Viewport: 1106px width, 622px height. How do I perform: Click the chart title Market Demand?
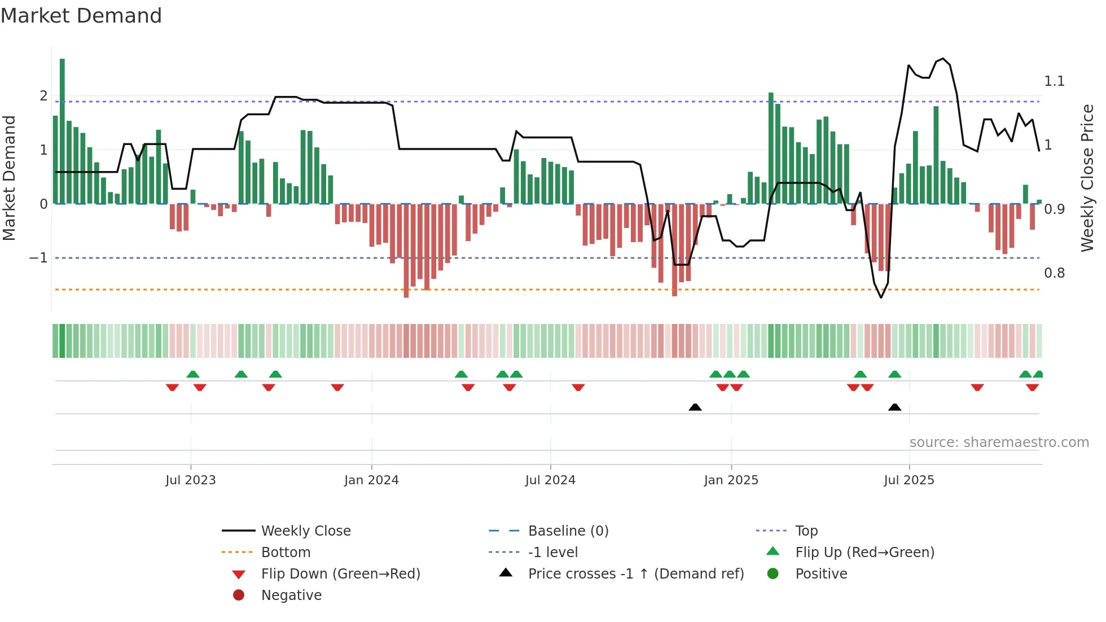[81, 16]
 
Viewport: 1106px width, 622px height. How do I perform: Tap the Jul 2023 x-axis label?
[191, 480]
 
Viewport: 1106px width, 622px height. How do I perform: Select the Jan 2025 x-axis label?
[731, 480]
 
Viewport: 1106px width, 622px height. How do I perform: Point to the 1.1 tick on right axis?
[1054, 81]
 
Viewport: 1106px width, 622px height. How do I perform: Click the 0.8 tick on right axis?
[1054, 273]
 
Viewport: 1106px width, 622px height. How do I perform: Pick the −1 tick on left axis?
[38, 258]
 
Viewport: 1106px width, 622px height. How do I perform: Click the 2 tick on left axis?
[43, 96]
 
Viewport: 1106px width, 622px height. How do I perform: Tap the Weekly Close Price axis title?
[1087, 178]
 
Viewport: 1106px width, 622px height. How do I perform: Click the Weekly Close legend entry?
[305, 531]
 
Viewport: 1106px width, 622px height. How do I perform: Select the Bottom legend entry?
[286, 553]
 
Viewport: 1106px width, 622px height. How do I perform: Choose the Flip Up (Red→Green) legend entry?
[864, 553]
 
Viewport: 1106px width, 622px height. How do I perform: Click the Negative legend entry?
[291, 595]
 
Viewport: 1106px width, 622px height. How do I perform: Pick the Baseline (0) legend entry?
[568, 531]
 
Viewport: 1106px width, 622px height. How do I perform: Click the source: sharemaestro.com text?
[999, 443]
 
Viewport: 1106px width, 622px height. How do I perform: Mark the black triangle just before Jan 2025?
[695, 407]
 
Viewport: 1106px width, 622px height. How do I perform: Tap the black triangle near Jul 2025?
[894, 407]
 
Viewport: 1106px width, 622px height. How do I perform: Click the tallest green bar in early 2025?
[771, 148]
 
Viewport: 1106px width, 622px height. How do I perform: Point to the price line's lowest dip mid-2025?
[881, 297]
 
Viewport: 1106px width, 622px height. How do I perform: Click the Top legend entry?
[806, 531]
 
